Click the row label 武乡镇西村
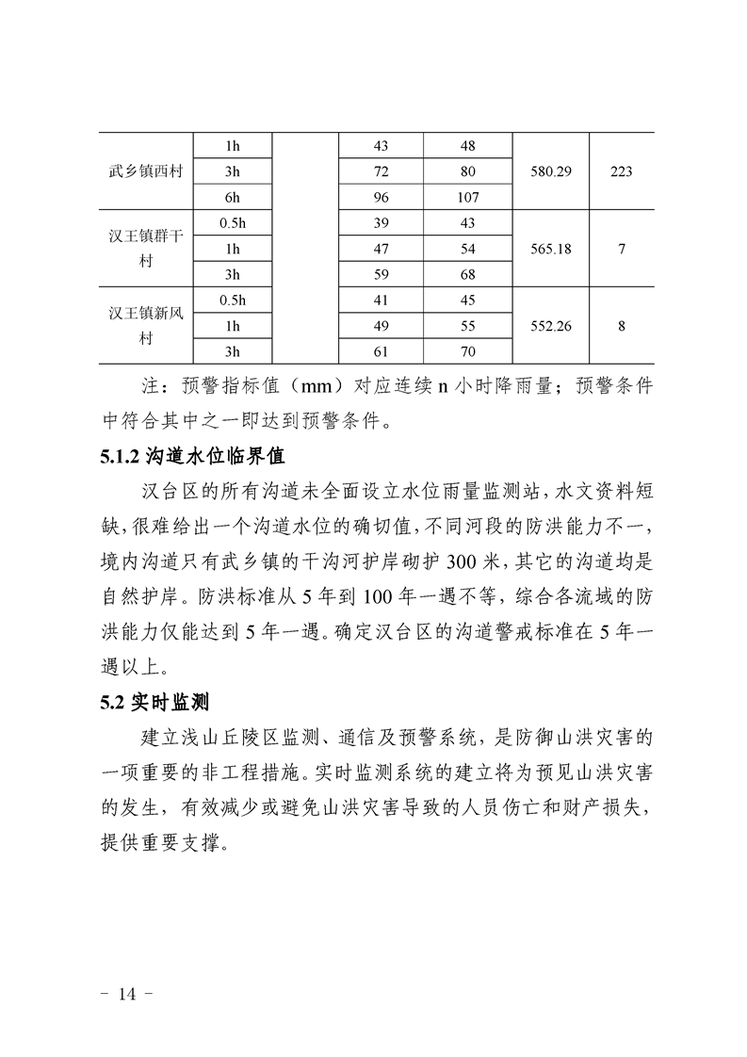145,172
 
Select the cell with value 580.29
551,172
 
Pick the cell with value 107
468,198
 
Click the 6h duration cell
232,198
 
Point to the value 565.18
551,250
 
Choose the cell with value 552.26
551,326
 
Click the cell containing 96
382,198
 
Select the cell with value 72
382,172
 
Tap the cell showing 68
468,275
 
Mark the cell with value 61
382,351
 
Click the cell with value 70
468,351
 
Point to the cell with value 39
382,223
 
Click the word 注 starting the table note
148,388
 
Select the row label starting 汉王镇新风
145,314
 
